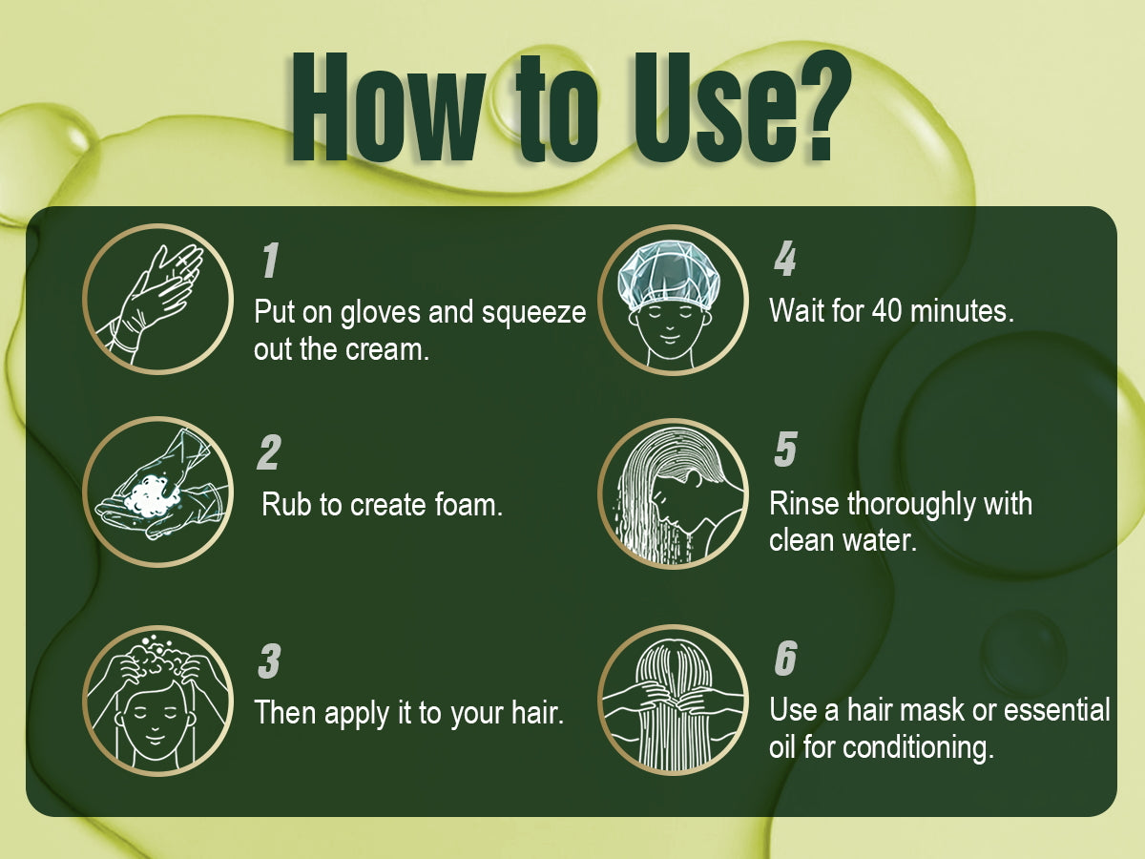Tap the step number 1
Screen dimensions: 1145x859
[x=270, y=260]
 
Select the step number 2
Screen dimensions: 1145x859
[x=269, y=452]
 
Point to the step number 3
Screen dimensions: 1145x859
[x=269, y=660]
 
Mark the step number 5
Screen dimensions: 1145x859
[x=785, y=449]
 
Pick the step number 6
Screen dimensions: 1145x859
[x=785, y=658]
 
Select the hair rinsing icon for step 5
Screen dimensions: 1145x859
[x=673, y=493]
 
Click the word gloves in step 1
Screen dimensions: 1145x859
[x=381, y=314]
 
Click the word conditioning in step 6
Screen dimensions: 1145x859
[x=918, y=748]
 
